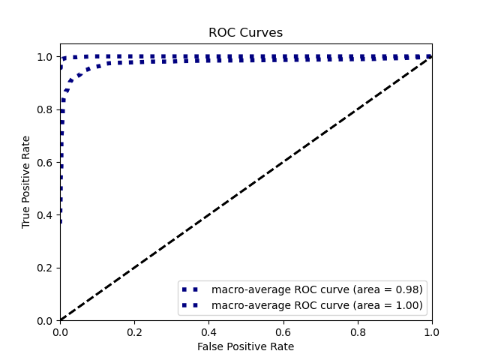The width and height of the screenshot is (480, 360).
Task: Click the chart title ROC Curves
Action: tap(245, 33)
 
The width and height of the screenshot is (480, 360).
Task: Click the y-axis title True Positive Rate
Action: tap(26, 181)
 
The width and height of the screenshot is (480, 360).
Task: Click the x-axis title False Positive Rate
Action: tap(245, 346)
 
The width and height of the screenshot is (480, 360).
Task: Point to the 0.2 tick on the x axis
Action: tap(134, 331)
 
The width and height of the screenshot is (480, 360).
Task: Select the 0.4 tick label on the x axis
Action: tap(208, 331)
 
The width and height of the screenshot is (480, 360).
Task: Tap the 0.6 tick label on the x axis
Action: tap(283, 331)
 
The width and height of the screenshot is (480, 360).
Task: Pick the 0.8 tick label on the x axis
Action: tap(357, 331)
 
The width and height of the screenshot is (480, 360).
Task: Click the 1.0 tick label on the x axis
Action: tap(431, 331)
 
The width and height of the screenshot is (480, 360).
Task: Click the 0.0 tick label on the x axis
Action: tap(60, 331)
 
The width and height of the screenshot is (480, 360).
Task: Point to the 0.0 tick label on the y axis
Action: tap(46, 320)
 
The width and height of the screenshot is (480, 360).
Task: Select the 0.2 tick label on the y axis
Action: tap(46, 268)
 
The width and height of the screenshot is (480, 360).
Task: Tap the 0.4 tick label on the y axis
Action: tap(46, 215)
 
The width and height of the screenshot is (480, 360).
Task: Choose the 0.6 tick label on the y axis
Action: tap(46, 162)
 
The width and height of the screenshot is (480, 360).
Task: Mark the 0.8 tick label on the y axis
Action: tap(46, 109)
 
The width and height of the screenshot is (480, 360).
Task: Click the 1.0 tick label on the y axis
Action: tap(46, 57)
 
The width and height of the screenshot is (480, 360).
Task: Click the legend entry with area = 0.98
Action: tap(316, 289)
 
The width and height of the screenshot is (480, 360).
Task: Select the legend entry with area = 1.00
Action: tap(316, 305)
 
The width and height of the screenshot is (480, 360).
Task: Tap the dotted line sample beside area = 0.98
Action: tap(191, 289)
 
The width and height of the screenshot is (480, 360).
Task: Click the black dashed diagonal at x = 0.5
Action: tap(246, 188)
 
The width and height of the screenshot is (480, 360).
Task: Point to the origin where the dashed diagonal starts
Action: tap(60, 320)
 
